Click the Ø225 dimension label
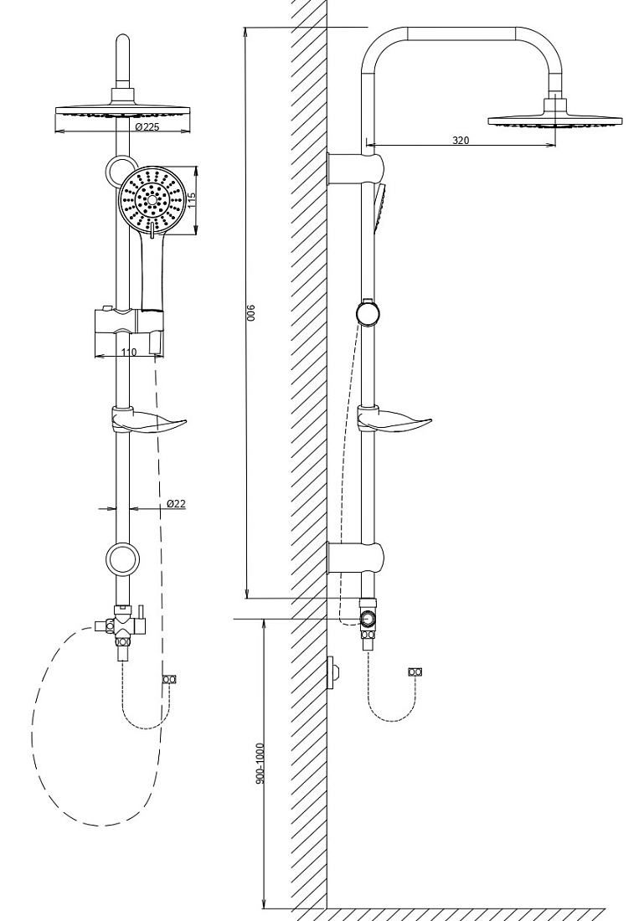[147, 127]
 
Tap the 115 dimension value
[190, 200]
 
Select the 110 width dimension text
[129, 352]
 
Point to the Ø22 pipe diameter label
[176, 503]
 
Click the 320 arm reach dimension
[461, 141]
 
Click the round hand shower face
[152, 200]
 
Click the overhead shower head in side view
[554, 117]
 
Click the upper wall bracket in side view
[356, 168]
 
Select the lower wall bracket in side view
[356, 557]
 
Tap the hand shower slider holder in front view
[129, 332]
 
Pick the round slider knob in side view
[368, 312]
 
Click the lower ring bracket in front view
[122, 558]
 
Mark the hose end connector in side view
[416, 672]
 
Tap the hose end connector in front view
[170, 680]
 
